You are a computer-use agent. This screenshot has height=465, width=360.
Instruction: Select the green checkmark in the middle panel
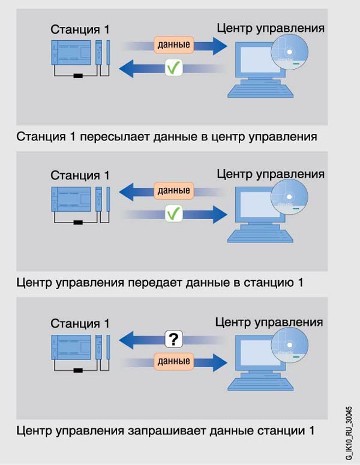coord(173,212)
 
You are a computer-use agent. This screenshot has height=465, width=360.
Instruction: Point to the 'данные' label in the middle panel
coord(173,191)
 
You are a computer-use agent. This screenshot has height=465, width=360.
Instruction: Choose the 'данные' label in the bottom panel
coord(173,361)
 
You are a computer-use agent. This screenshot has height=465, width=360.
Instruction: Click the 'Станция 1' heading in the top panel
coord(80,29)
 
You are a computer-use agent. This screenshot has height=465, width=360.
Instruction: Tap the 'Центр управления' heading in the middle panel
coord(270,174)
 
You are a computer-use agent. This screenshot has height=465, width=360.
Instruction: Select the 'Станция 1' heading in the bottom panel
coord(80,323)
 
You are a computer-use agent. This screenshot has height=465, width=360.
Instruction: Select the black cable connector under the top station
coord(77,76)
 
